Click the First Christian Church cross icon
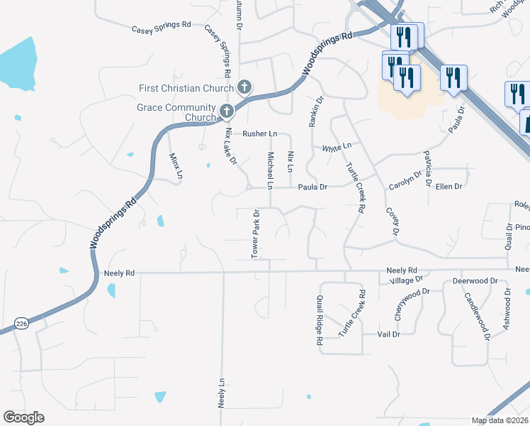point(244,88)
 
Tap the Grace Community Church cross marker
point(227,111)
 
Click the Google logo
point(23,417)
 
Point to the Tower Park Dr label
point(256,233)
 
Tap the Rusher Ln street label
point(259,133)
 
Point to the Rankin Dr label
point(315,111)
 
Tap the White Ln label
point(337,148)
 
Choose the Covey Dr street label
point(392,222)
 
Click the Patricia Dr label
point(427,168)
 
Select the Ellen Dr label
point(449,187)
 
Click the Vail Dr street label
point(389,334)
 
